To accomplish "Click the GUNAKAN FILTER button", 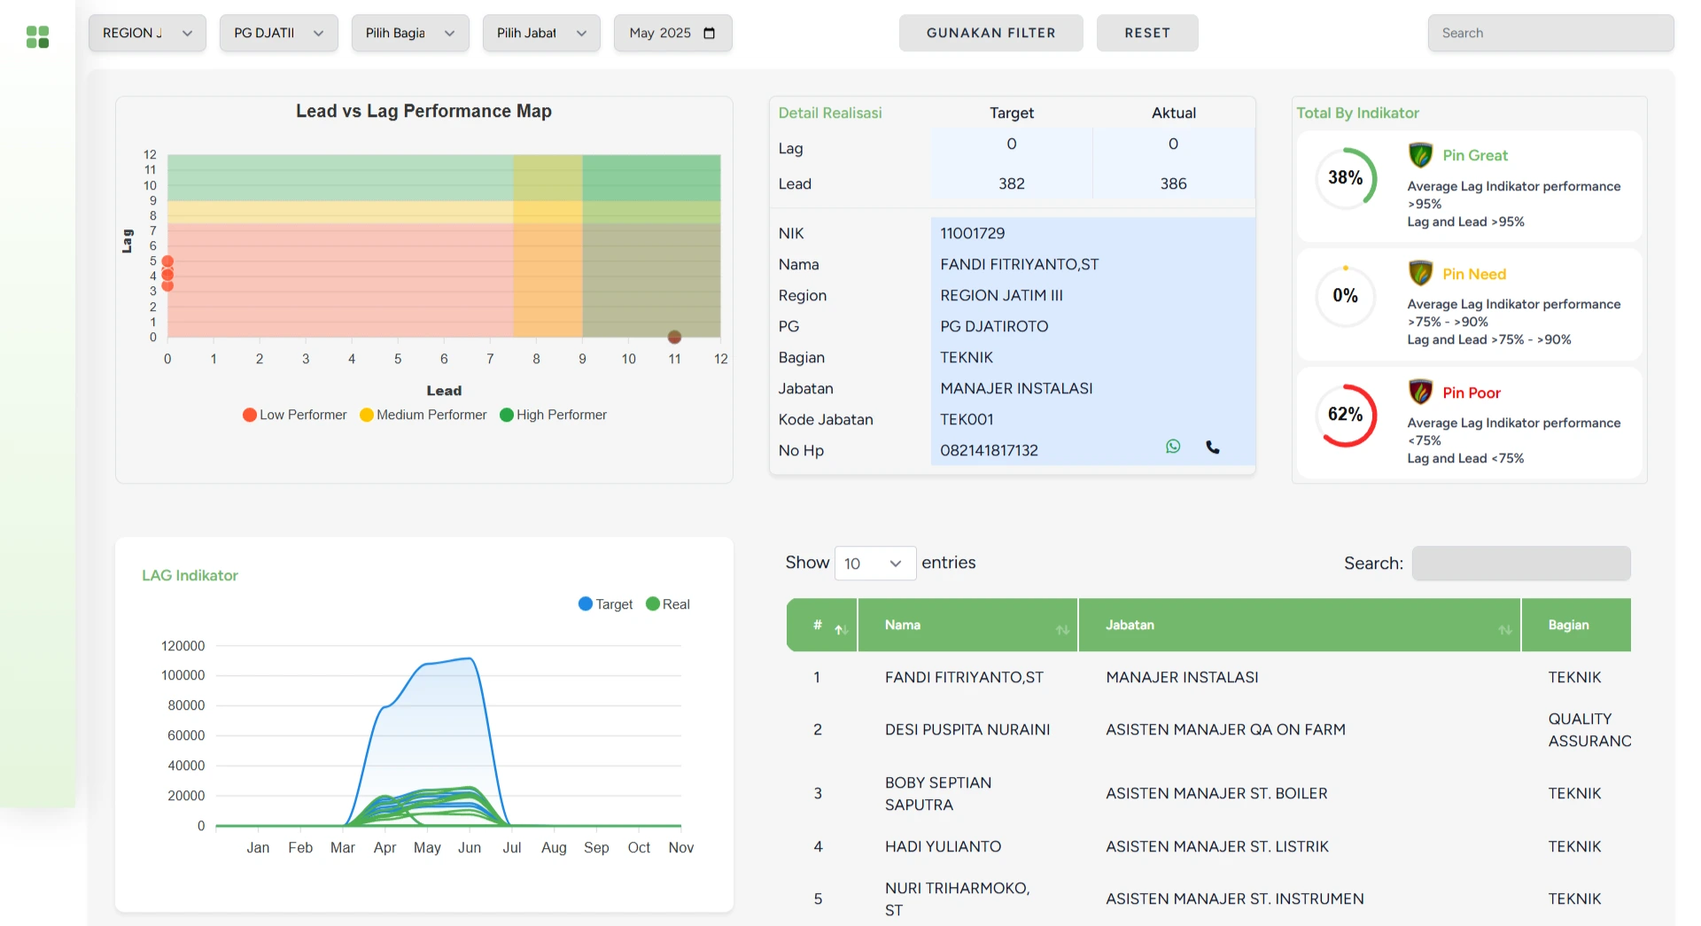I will (990, 33).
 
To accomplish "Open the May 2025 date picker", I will (672, 33).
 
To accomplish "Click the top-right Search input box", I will (1550, 33).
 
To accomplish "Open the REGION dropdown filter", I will (147, 33).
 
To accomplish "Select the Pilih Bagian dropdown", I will (409, 33).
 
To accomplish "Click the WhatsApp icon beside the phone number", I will (1173, 447).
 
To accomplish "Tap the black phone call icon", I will (1213, 447).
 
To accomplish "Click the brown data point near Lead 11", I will (674, 337).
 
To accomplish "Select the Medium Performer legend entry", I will (423, 415).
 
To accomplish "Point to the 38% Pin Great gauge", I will (1346, 178).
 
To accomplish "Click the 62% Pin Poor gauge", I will (1346, 415).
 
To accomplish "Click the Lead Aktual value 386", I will (1173, 183).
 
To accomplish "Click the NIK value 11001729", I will (972, 233).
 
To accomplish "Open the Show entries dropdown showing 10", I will (874, 564).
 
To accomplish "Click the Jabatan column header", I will (1130, 625).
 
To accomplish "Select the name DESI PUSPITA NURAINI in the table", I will (967, 729).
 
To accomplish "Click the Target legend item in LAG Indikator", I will (605, 604).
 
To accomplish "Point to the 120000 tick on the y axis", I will (183, 646).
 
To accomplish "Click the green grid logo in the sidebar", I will (37, 36).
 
